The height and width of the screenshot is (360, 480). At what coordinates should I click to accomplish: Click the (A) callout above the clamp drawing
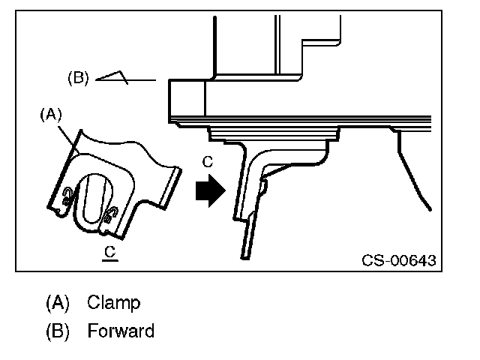pos(51,115)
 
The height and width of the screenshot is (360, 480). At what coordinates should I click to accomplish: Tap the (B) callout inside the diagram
pos(79,78)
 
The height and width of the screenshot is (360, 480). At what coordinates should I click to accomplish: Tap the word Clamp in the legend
pos(113,303)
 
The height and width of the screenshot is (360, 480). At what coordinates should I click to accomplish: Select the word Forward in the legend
pos(121,330)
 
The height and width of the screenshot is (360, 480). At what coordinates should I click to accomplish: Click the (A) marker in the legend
pos(58,303)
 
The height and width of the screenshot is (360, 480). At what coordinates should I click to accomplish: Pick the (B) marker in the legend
pos(58,330)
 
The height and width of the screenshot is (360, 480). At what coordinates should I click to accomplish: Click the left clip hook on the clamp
pos(68,197)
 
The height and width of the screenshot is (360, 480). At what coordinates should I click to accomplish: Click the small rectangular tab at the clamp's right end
pos(172,184)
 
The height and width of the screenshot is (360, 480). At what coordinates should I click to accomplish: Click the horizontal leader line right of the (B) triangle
pos(142,79)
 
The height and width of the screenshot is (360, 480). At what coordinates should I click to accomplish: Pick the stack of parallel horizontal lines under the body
pos(315,121)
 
